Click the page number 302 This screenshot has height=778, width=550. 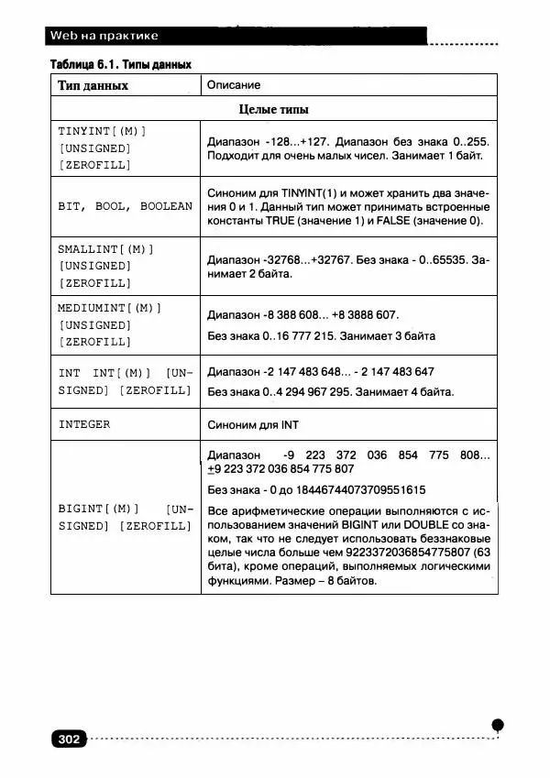(70, 740)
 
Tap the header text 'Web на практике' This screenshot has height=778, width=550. (104, 36)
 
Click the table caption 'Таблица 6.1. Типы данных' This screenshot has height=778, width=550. (120, 65)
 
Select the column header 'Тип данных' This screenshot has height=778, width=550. (93, 85)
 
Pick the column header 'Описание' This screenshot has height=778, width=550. (234, 85)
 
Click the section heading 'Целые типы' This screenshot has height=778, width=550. (273, 109)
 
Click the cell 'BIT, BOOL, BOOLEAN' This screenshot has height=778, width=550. (125, 206)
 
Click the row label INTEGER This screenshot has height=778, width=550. (84, 424)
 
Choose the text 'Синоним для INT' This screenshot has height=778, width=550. (253, 425)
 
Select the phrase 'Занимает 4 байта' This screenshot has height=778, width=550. (405, 392)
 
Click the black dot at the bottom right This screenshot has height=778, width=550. (497, 725)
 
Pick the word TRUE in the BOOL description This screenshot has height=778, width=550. (280, 222)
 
